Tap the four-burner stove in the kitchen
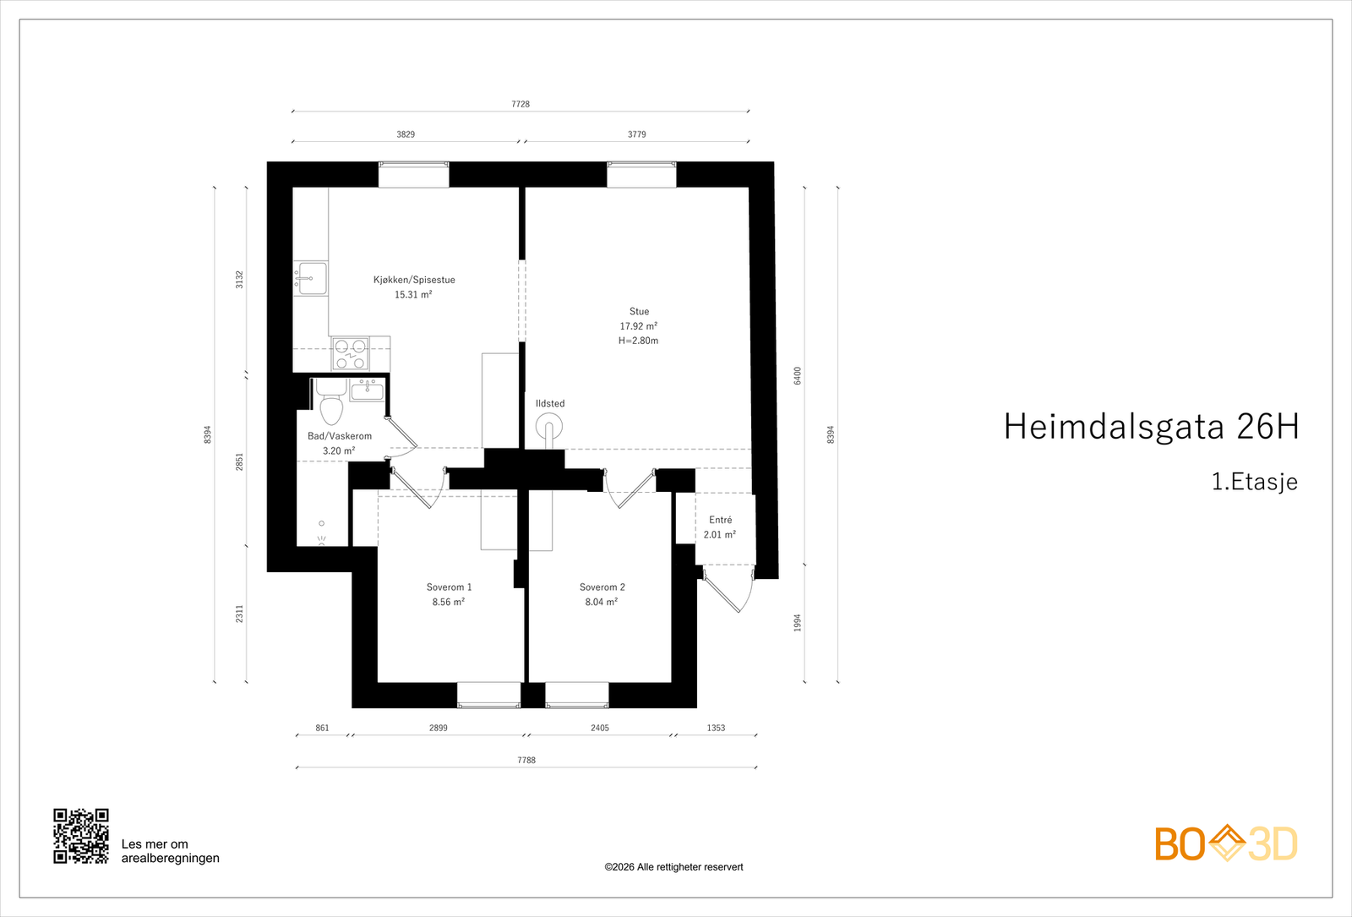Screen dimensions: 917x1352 pyautogui.click(x=350, y=354)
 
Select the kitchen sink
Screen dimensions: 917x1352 pyautogui.click(x=311, y=278)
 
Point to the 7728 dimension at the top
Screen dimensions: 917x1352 pyautogui.click(x=521, y=104)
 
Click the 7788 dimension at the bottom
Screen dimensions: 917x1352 pyautogui.click(x=526, y=760)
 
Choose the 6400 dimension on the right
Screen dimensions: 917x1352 pyautogui.click(x=797, y=376)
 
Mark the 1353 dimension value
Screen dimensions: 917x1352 pyautogui.click(x=716, y=728)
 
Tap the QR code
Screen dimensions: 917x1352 pyautogui.click(x=81, y=836)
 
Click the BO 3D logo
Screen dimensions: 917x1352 pyautogui.click(x=1225, y=843)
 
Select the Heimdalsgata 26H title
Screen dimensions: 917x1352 pyautogui.click(x=1150, y=427)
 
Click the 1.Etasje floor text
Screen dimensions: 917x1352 pyautogui.click(x=1254, y=482)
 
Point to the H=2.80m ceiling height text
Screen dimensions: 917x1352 pyautogui.click(x=638, y=341)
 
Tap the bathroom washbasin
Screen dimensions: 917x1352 pyautogui.click(x=367, y=390)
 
